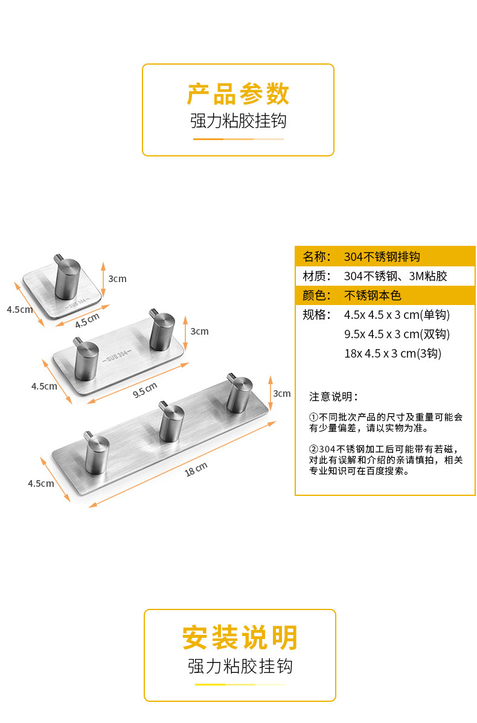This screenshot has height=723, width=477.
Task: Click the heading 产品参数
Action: pyautogui.click(x=238, y=94)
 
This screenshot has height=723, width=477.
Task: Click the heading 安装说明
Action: pyautogui.click(x=240, y=638)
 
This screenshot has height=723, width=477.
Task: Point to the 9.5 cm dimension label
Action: pyautogui.click(x=144, y=390)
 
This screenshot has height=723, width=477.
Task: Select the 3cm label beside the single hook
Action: pyautogui.click(x=117, y=278)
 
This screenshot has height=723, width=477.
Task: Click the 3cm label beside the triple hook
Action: pyautogui.click(x=282, y=394)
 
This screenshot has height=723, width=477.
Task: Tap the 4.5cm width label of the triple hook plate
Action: pyautogui.click(x=40, y=483)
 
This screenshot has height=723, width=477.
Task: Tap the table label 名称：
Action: pyautogui.click(x=317, y=257)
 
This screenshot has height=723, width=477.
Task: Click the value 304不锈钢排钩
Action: pyautogui.click(x=382, y=257)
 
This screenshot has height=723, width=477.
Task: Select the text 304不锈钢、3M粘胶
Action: pyautogui.click(x=395, y=276)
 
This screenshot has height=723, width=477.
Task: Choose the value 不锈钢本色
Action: pyautogui.click(x=373, y=295)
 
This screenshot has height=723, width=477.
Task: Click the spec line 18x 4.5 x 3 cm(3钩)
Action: pyautogui.click(x=392, y=353)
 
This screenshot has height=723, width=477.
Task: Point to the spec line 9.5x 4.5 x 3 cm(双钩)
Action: pyautogui.click(x=397, y=334)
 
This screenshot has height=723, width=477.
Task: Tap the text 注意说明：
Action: pyautogui.click(x=334, y=397)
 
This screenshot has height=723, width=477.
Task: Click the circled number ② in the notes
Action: pyautogui.click(x=313, y=449)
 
